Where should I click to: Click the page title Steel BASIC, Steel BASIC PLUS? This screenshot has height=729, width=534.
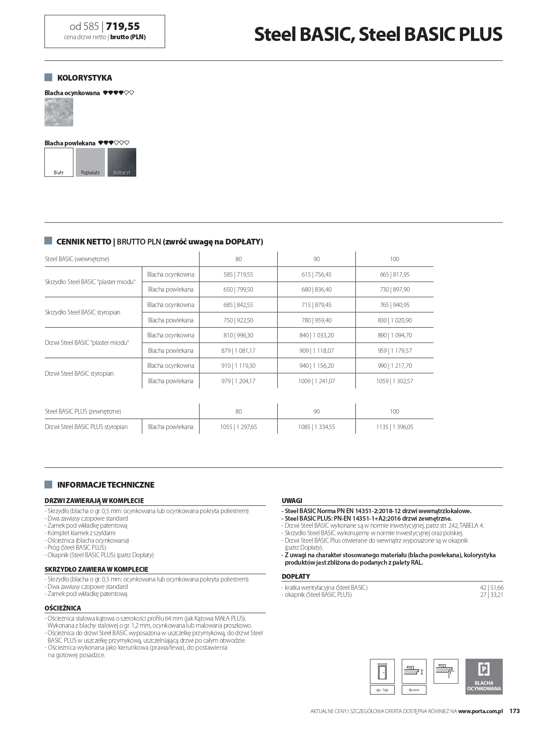click(378, 34)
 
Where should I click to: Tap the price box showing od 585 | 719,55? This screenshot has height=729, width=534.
click(105, 31)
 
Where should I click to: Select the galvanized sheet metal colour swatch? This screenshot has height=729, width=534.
click(59, 112)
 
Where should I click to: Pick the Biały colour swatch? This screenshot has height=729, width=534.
click(59, 162)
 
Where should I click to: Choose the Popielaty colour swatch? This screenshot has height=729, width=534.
click(90, 162)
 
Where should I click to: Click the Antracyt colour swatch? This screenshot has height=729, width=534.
click(122, 162)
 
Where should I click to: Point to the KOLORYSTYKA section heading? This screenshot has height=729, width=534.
click(84, 78)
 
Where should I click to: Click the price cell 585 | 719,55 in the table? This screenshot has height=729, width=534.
click(238, 274)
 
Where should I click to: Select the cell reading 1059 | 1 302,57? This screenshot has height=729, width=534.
click(394, 381)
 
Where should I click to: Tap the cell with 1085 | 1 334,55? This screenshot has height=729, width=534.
click(316, 427)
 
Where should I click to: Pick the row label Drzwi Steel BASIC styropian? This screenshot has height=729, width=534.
click(79, 374)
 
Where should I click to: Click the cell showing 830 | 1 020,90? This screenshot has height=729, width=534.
click(394, 320)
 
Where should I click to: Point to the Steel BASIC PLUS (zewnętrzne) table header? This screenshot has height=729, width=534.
click(83, 411)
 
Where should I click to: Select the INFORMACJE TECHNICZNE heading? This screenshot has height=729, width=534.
click(105, 485)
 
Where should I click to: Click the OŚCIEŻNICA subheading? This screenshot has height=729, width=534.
click(63, 608)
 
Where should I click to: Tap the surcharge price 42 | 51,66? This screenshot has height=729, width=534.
click(491, 588)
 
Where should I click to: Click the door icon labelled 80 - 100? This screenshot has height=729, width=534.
click(382, 672)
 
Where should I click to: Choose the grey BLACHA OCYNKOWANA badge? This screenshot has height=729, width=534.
click(484, 677)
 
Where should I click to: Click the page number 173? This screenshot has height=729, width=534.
click(515, 711)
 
